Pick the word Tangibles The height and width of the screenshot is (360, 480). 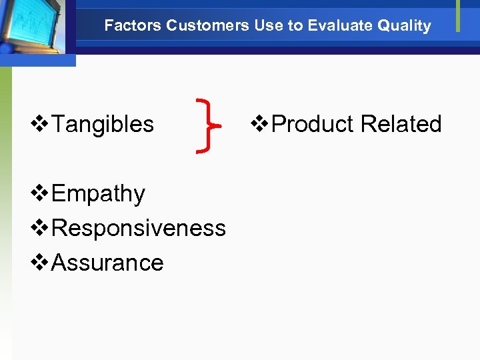(x=103, y=124)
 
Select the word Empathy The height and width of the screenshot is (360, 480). (x=98, y=194)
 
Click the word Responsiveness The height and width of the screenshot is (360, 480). (x=139, y=228)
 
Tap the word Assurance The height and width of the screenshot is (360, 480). (x=107, y=263)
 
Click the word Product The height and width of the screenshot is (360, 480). (x=313, y=124)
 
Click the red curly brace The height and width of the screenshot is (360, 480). (x=207, y=125)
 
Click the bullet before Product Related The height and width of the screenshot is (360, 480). (x=260, y=124)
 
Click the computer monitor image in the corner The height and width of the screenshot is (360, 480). (x=33, y=27)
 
